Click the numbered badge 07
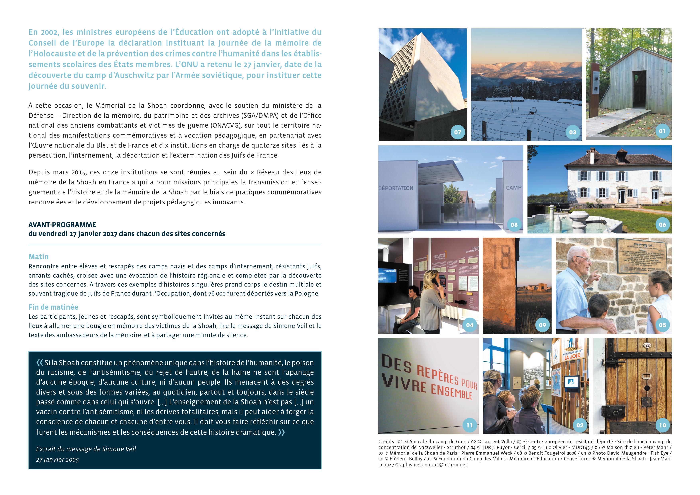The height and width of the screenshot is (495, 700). pyautogui.click(x=457, y=132)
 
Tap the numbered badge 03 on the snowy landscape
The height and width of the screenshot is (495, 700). pyautogui.click(x=572, y=132)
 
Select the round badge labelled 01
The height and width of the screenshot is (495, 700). pyautogui.click(x=662, y=131)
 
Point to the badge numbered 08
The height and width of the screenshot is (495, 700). pyautogui.click(x=514, y=225)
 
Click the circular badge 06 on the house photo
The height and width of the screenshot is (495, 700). pyautogui.click(x=662, y=225)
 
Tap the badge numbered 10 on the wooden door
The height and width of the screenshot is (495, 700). pyautogui.click(x=662, y=425)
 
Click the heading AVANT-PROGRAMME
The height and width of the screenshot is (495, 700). pyautogui.click(x=62, y=225)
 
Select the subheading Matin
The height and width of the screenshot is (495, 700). pyautogui.click(x=39, y=257)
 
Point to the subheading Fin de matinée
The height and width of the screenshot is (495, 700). pyautogui.click(x=53, y=307)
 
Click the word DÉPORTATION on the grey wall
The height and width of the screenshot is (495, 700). pyautogui.click(x=396, y=188)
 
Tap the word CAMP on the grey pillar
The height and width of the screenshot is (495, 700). pyautogui.click(x=514, y=188)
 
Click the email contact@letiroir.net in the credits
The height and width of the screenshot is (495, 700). pyautogui.click(x=445, y=465)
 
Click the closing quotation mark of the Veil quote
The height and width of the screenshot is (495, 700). pyautogui.click(x=281, y=432)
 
